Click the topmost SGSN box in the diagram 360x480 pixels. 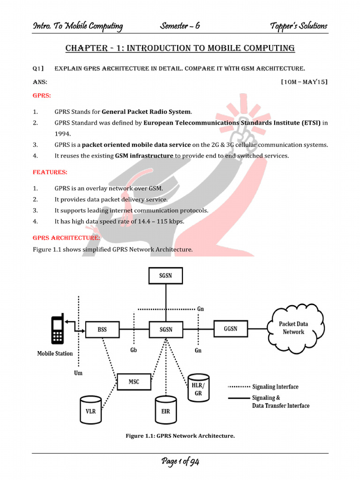pyautogui.click(x=165, y=276)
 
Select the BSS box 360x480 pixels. pyautogui.click(x=102, y=330)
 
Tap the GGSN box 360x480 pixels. pyautogui.click(x=230, y=329)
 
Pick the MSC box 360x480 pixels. pyautogui.click(x=134, y=382)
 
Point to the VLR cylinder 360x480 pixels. pyautogui.click(x=90, y=409)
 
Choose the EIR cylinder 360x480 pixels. pyautogui.click(x=165, y=409)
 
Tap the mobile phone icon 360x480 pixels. pyautogui.click(x=58, y=330)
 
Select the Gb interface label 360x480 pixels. pyautogui.click(x=134, y=351)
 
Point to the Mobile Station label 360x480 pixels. pyautogui.click(x=55, y=353)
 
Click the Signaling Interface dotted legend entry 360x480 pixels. pyautogui.click(x=263, y=387)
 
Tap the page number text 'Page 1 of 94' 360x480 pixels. pyautogui.click(x=180, y=462)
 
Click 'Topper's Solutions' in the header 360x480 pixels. pyautogui.click(x=299, y=26)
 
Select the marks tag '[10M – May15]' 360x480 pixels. pyautogui.click(x=304, y=82)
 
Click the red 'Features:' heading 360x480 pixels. pyautogui.click(x=50, y=172)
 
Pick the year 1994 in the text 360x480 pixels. pyautogui.click(x=62, y=134)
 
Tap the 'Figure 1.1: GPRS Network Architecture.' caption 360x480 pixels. pyautogui.click(x=180, y=436)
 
